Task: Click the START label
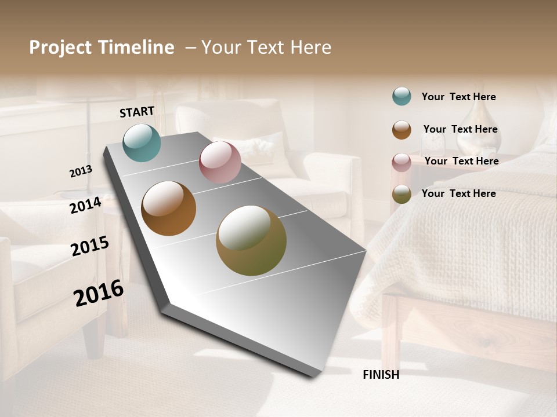point(137,112)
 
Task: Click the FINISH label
point(381,375)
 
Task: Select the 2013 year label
point(81,171)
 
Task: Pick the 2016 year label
point(99,293)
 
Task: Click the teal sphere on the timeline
point(142,142)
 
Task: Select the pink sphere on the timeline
point(220,162)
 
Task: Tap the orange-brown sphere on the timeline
point(168,209)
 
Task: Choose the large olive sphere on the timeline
point(251,240)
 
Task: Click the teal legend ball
point(402,96)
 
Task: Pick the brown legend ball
point(402,130)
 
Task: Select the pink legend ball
point(402,162)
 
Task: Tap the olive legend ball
point(402,194)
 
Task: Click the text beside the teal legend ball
point(458,97)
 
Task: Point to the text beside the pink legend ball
point(461,161)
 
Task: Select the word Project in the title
point(60,47)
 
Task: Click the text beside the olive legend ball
point(458,193)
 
